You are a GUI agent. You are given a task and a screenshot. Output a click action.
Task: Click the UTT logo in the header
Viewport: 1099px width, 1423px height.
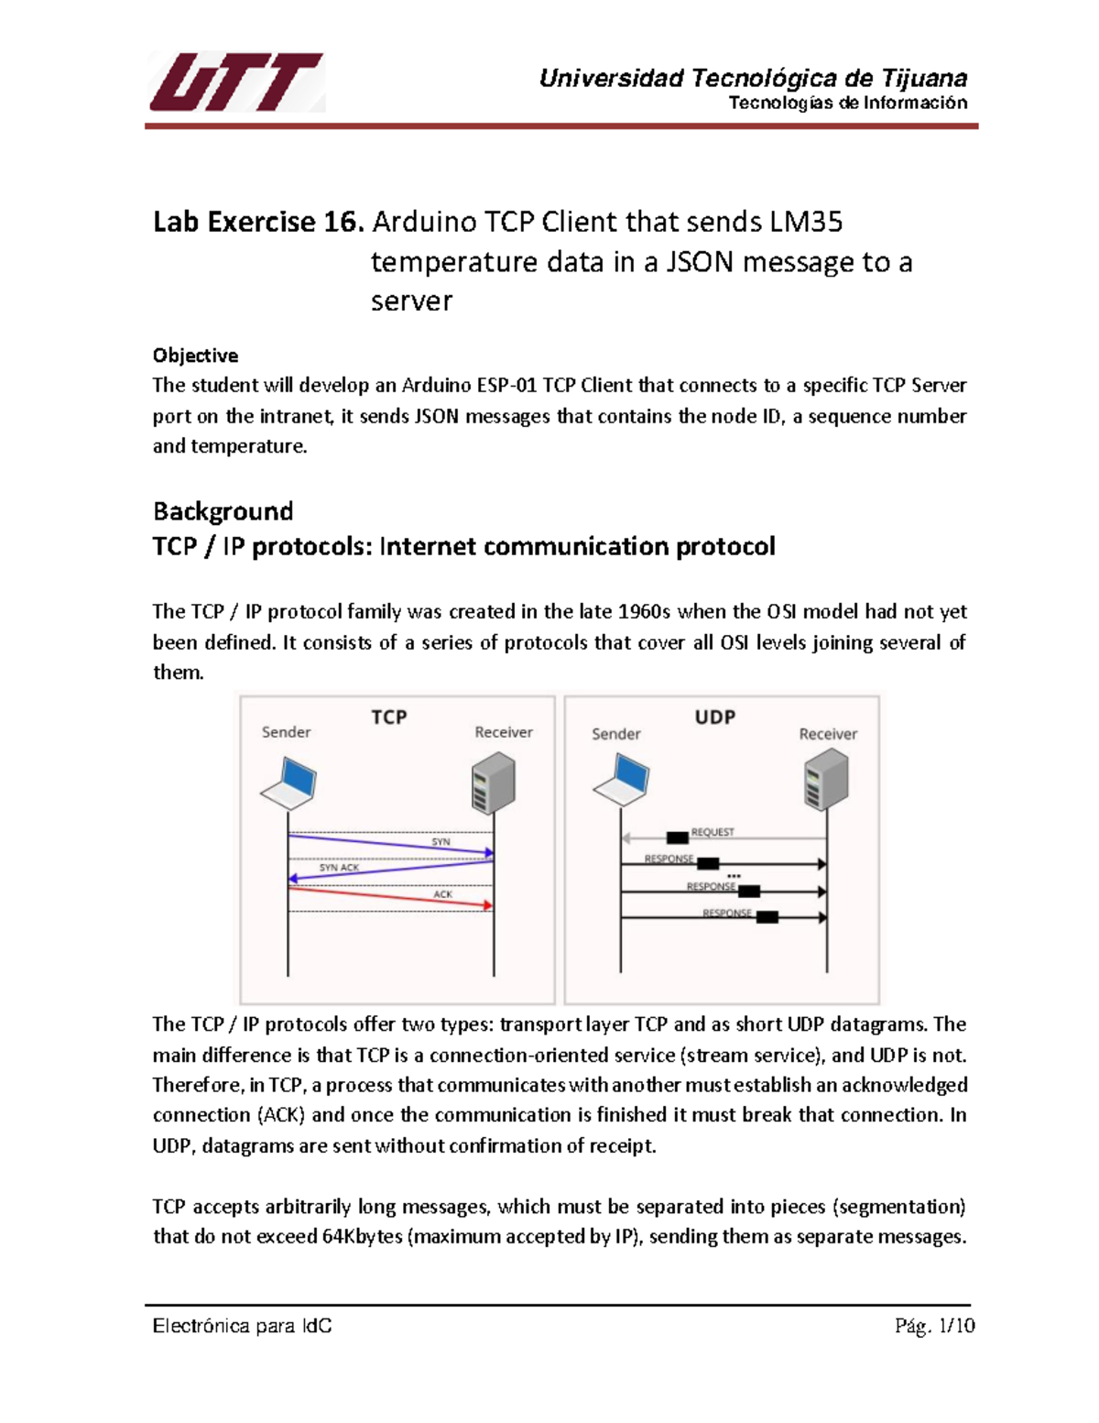coord(236,82)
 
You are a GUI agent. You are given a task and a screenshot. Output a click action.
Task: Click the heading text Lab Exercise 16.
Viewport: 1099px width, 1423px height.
coord(258,223)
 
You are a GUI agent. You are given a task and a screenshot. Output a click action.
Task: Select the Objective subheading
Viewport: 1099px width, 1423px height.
coord(195,356)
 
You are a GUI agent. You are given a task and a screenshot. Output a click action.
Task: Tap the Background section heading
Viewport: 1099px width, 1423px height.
coord(223,511)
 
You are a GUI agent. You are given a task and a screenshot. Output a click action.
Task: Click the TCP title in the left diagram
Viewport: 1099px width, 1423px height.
coord(388,717)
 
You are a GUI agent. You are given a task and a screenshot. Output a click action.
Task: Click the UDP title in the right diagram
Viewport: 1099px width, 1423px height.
coord(714,717)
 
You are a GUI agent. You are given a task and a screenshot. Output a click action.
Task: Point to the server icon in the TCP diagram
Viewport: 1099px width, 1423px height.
coord(494,783)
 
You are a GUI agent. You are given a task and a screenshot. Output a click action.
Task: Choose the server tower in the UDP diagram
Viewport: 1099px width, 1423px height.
coord(826,781)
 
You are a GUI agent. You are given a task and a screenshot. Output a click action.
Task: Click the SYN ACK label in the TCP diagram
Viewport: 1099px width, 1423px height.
coord(339,868)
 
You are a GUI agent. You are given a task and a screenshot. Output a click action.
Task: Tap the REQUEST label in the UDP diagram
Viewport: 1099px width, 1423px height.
coord(713,832)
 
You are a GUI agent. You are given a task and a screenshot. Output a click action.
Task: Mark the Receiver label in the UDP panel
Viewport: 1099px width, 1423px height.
coord(828,734)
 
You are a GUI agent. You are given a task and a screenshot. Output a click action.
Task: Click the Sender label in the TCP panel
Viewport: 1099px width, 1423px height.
coord(286,732)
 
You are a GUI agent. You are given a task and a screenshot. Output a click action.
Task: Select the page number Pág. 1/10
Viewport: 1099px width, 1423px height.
coord(934,1326)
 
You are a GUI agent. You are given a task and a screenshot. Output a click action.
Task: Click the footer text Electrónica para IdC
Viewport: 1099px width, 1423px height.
coord(242,1326)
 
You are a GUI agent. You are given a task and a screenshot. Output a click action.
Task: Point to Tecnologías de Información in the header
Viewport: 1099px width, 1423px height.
coord(847,103)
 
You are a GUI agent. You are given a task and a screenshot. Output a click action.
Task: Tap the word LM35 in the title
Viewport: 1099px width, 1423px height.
coord(806,223)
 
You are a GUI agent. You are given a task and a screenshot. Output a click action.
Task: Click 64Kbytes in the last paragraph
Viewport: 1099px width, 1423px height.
coord(362,1237)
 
